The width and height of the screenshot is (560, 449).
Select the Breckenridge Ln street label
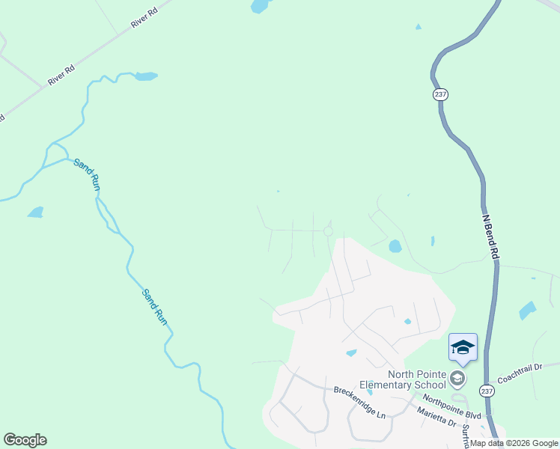(x=359, y=403)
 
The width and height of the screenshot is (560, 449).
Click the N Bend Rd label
(x=490, y=238)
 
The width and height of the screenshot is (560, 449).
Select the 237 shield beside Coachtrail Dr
(x=487, y=391)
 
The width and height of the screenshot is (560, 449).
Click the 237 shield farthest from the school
(x=440, y=94)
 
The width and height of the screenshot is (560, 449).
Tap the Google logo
(x=25, y=440)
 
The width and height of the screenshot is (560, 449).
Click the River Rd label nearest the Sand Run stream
(x=61, y=76)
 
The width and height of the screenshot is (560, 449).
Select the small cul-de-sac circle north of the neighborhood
(x=328, y=232)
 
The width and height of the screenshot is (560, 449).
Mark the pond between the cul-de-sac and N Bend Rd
(x=395, y=246)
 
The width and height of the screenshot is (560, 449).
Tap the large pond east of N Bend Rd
(x=528, y=310)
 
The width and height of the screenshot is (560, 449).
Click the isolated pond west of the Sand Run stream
(x=36, y=213)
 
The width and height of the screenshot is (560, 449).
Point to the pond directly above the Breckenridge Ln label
(x=350, y=353)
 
